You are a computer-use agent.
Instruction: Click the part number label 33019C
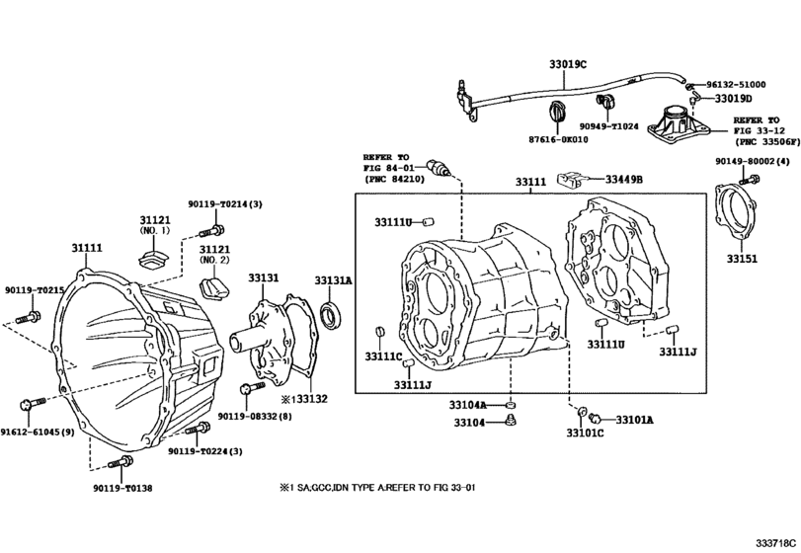568,64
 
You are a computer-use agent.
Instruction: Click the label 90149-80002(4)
753,161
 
